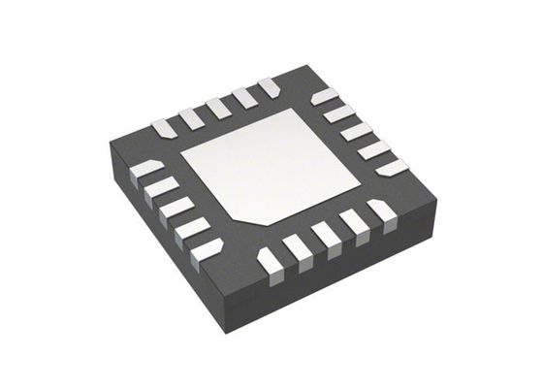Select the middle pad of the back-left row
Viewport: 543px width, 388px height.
click(x=216, y=107)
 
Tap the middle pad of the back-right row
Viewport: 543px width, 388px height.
click(x=354, y=130)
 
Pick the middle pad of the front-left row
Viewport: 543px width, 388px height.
click(x=176, y=208)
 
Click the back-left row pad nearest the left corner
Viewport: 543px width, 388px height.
click(x=162, y=127)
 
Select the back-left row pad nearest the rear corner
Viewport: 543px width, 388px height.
click(x=269, y=87)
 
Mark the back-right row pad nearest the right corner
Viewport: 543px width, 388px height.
click(x=391, y=168)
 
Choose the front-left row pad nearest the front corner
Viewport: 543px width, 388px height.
click(x=207, y=249)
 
